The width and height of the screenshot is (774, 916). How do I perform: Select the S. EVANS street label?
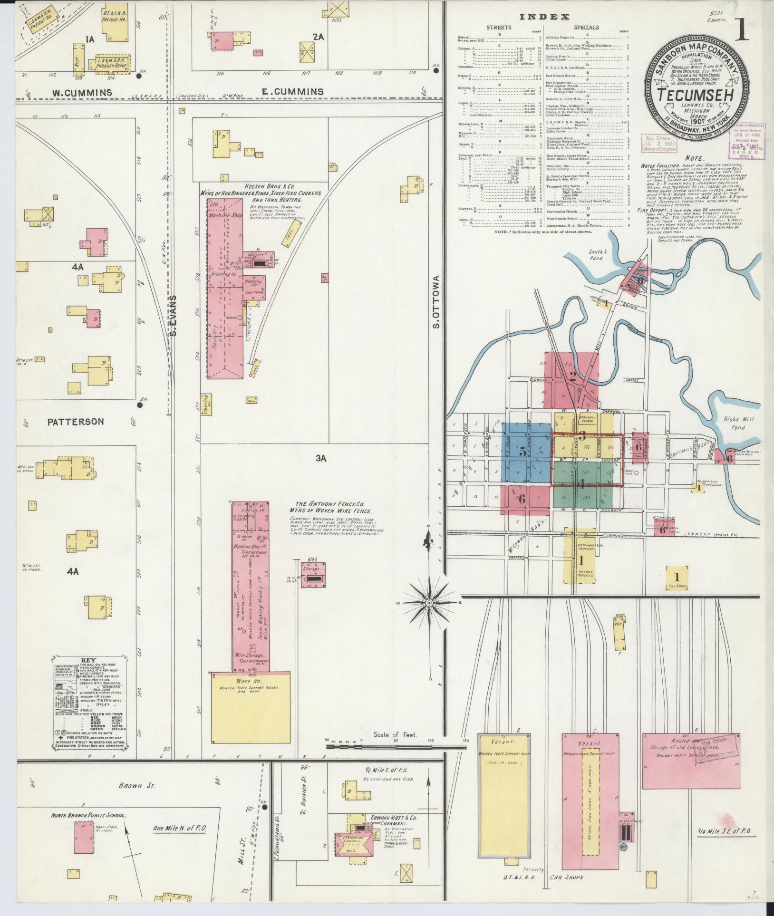(174, 316)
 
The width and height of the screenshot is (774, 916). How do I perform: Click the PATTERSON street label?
(75, 421)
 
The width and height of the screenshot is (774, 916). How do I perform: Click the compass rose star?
(429, 603)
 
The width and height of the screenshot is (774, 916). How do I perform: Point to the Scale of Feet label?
(395, 748)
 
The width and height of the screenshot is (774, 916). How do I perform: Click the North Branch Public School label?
(88, 815)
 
